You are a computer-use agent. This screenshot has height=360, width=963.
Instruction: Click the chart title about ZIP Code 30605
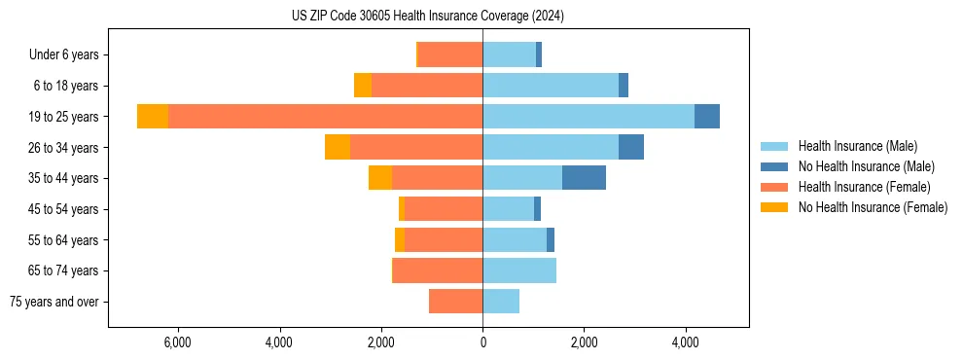tap(428, 16)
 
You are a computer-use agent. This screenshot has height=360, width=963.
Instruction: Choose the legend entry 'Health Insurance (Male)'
tap(857, 146)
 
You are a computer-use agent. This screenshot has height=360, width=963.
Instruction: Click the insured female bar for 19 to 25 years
tap(325, 117)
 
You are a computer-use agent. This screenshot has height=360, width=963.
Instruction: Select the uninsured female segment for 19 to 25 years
tap(153, 117)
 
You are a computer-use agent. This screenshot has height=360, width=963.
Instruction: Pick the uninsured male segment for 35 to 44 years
tap(584, 178)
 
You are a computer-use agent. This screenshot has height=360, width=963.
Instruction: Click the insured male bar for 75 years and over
tap(501, 302)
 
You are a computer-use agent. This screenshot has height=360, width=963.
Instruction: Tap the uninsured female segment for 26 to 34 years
tap(338, 147)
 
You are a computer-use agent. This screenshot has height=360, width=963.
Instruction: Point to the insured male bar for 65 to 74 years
tap(519, 270)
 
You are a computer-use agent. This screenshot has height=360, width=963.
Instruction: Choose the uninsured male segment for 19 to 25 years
tap(707, 117)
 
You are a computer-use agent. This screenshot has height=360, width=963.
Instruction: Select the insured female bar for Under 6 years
tap(450, 54)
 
